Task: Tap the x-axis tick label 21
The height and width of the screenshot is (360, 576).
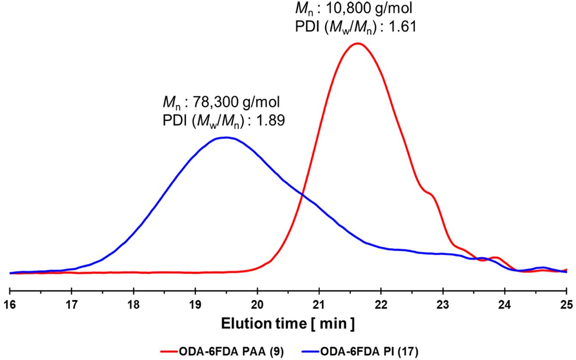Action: [319, 304]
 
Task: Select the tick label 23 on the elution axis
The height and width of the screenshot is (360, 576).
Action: [443, 304]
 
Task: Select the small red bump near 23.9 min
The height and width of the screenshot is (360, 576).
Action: [495, 258]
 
